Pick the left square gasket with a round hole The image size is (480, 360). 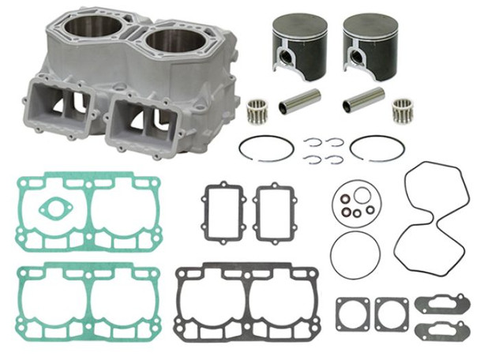coord(351,314)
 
